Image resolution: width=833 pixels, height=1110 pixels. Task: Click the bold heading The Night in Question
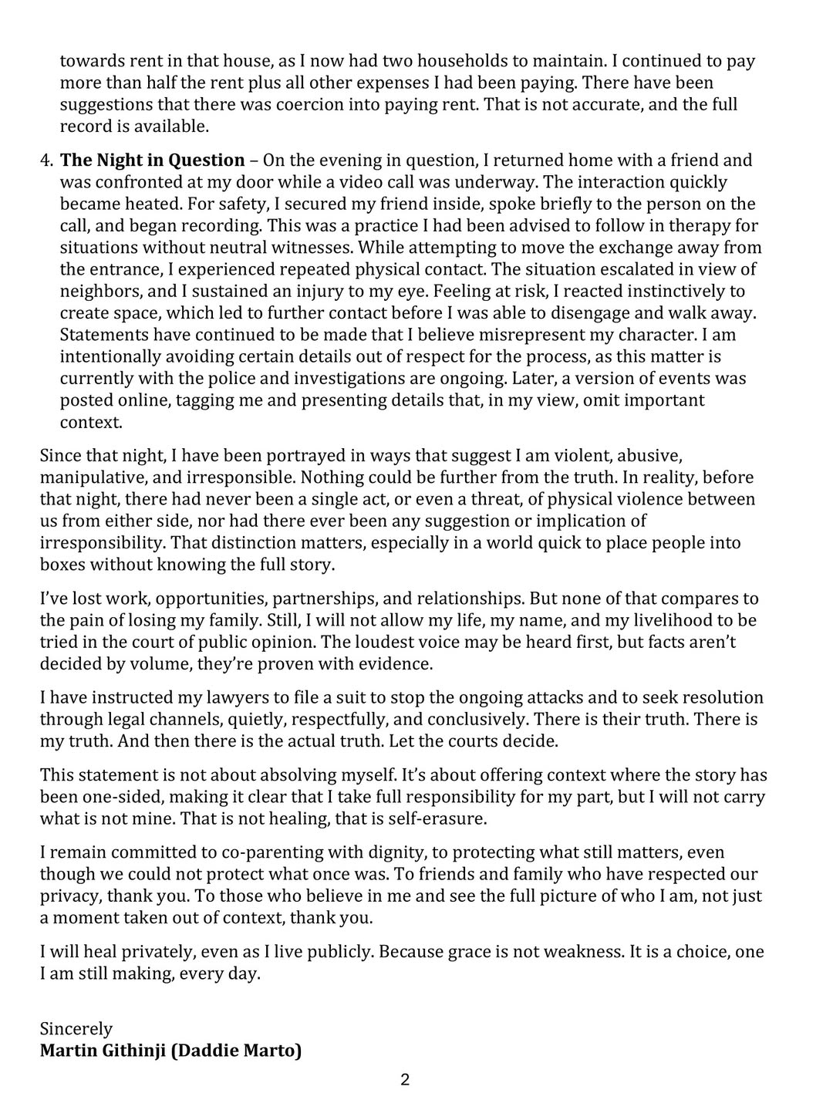point(152,160)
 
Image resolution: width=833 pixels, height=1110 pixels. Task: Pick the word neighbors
point(99,292)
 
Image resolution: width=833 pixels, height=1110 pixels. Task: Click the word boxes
point(62,564)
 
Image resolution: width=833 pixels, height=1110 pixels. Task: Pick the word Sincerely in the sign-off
point(76,1029)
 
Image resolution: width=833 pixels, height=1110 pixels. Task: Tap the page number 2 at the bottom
point(405,1080)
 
